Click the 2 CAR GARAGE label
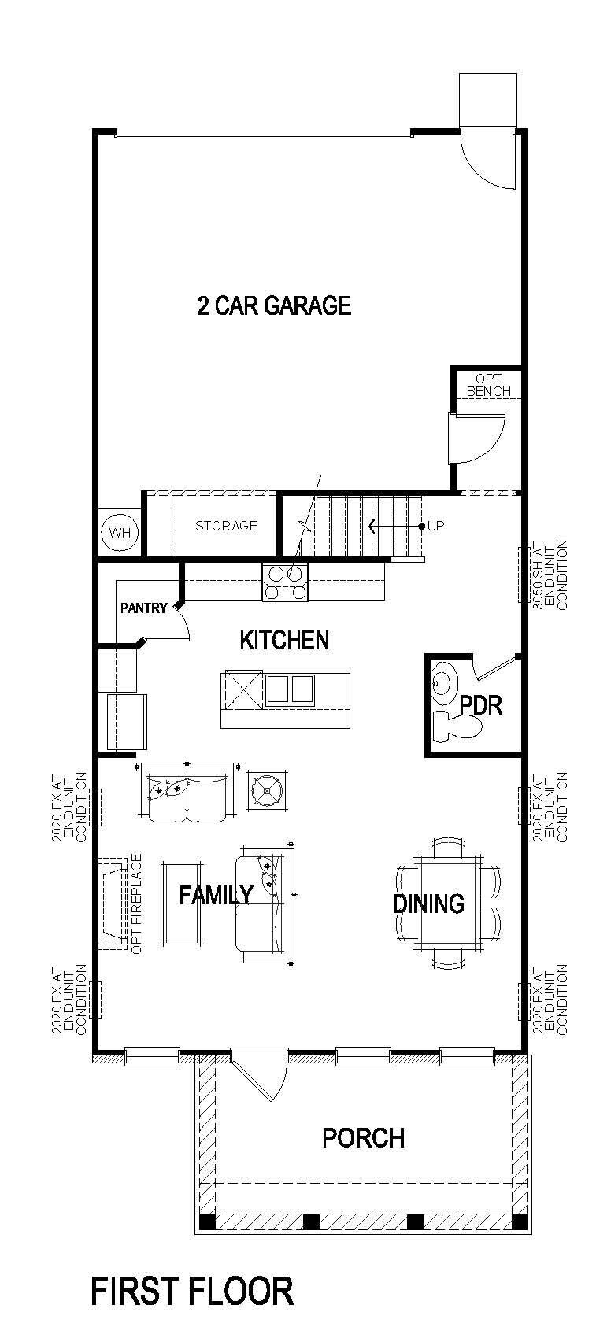pos(273,305)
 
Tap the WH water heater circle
pos(120,533)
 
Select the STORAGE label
pos(226,526)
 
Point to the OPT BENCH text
pos(488,385)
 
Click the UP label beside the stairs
pos(435,526)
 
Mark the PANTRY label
pos(143,608)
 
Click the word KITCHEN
pos(284,640)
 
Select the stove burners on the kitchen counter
pos(285,583)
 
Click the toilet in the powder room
pos(456,726)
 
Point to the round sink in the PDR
pos(442,682)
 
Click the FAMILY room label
pos(215,895)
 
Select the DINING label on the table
pos(428,904)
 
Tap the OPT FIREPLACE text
pos(136,904)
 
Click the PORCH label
pos(363,1137)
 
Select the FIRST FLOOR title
pos(192,1292)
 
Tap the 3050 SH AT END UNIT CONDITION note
pos(550,575)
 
